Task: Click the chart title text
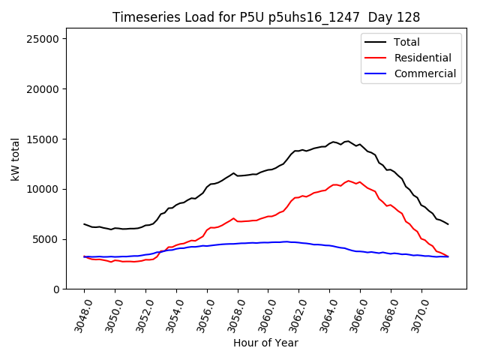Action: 265,17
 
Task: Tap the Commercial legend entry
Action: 424,73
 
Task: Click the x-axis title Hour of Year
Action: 265,343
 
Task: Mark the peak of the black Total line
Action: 347,141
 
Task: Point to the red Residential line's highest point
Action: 349,181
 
